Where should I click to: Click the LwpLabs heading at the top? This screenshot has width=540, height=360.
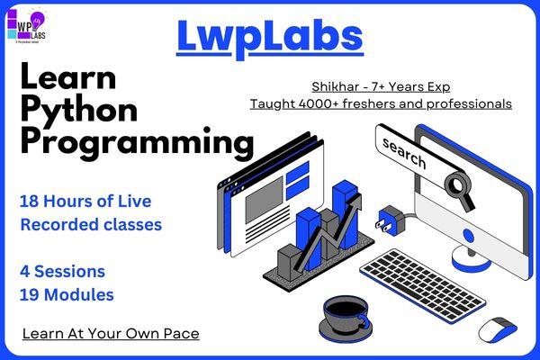pos(269,35)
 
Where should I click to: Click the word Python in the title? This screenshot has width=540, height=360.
pos(79,110)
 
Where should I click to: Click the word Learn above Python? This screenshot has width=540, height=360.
pos(67,77)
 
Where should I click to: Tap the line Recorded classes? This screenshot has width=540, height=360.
pos(90,224)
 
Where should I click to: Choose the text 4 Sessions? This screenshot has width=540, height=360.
pos(62,271)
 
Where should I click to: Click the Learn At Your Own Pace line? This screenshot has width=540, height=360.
pos(111,334)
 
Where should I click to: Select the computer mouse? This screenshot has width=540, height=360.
pos(497,329)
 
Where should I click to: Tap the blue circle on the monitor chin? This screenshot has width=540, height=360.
pos(468,236)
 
